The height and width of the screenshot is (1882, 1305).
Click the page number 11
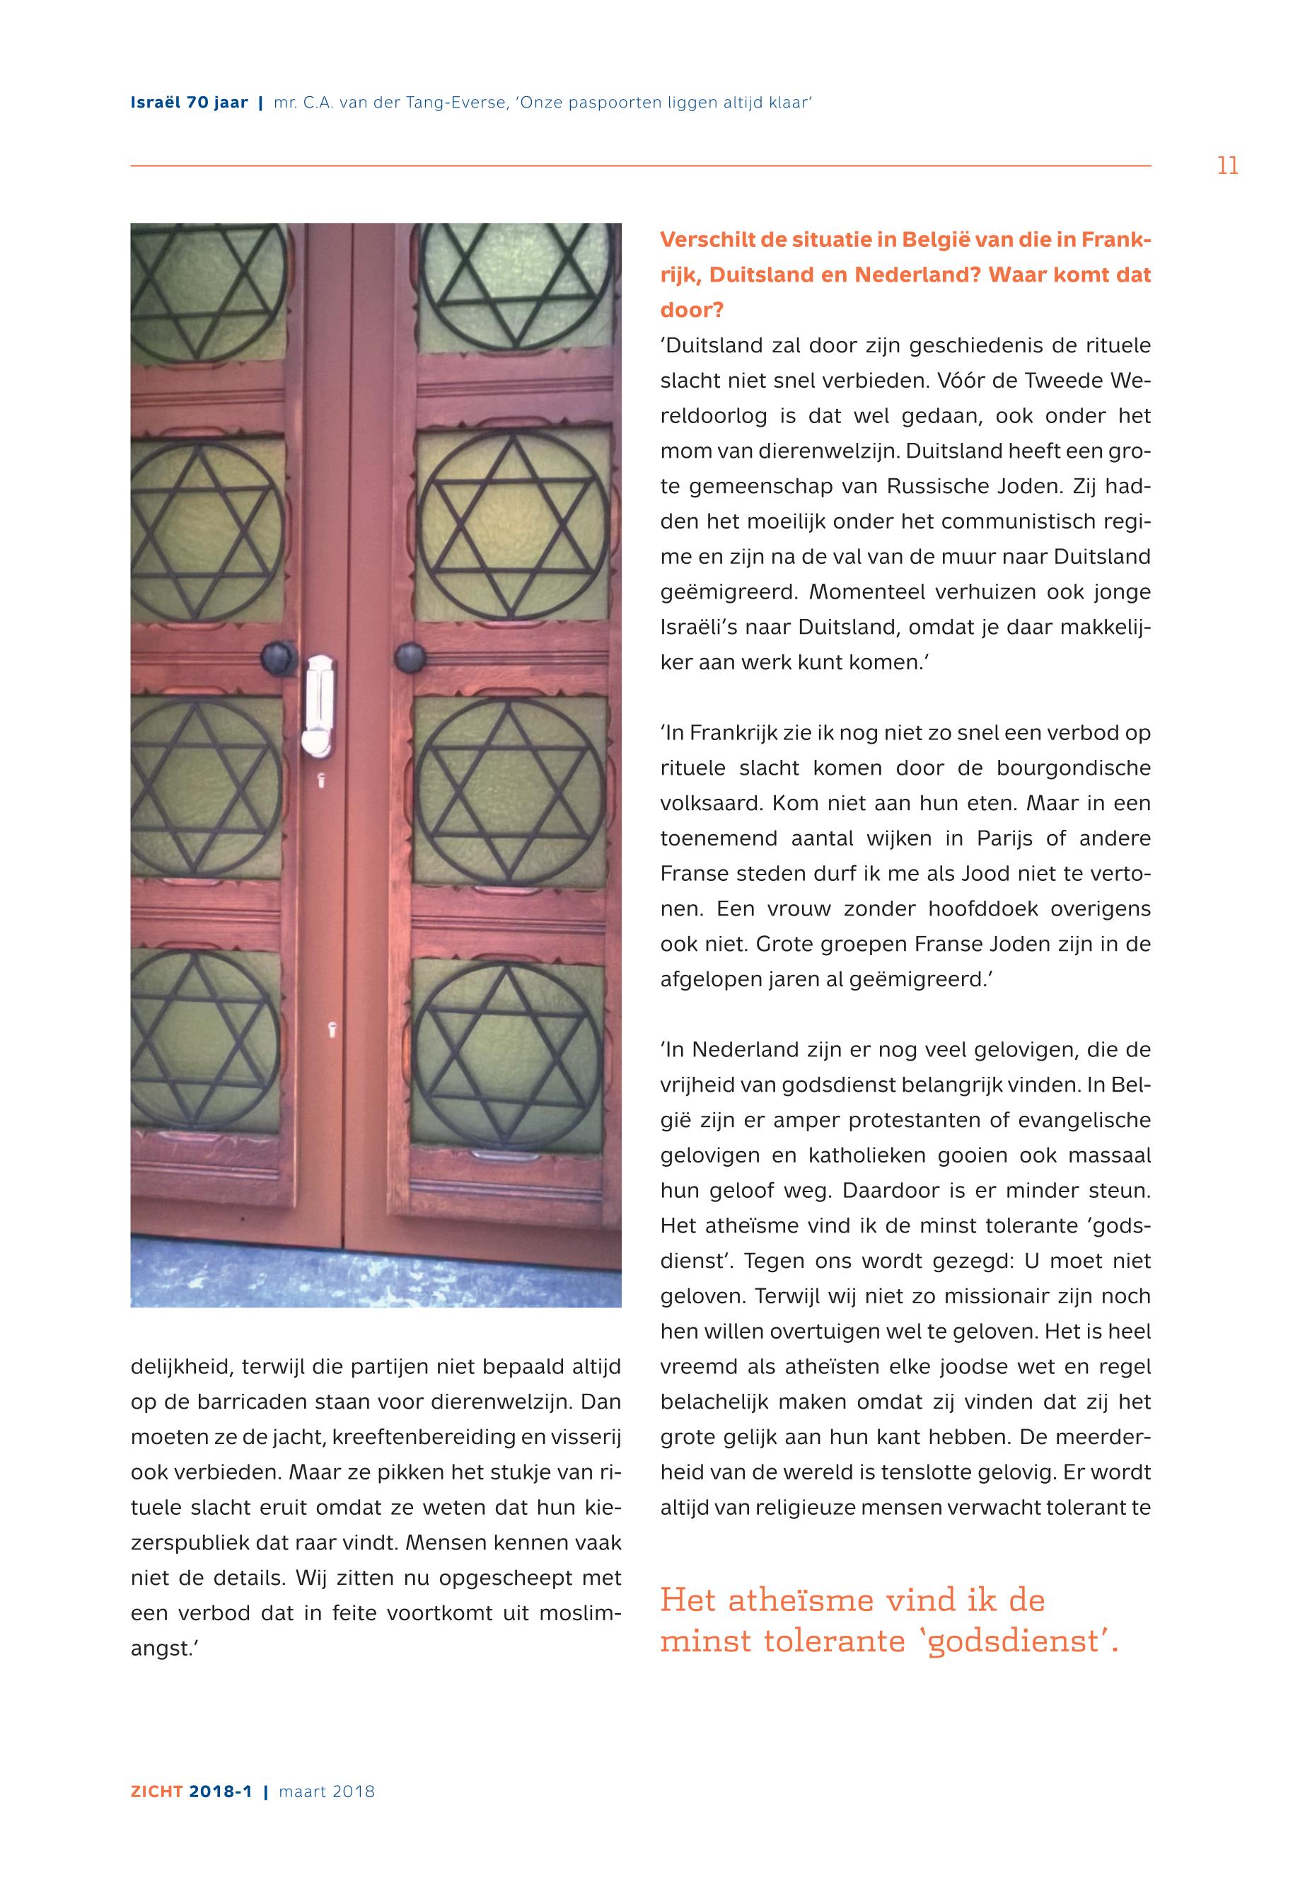(1227, 167)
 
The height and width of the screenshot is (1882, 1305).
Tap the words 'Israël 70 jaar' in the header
(189, 103)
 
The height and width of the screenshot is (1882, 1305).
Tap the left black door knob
(278, 657)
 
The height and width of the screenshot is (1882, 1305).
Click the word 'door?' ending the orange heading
(692, 311)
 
